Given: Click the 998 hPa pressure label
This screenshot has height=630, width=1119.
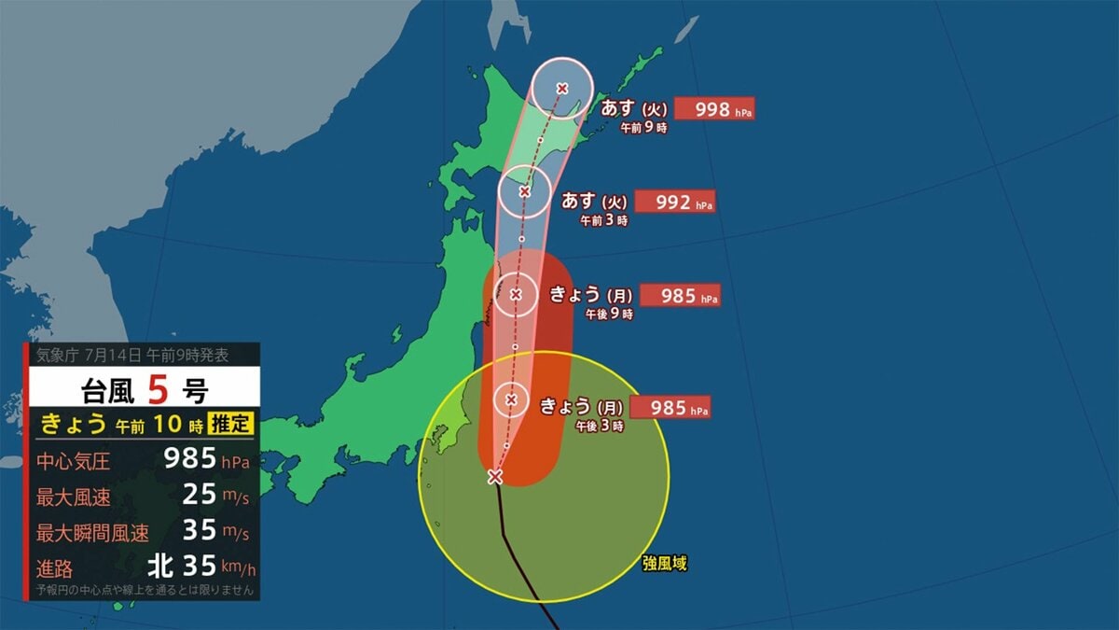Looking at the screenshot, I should point(713,108).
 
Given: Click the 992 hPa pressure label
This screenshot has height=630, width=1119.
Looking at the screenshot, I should point(674,202).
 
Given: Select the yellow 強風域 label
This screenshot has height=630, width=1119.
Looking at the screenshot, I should point(665,564).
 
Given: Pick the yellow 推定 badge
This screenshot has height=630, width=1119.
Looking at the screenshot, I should point(230,423).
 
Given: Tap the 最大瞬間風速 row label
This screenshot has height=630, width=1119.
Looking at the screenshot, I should point(92,534).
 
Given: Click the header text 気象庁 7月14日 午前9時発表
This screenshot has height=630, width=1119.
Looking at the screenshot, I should point(131,355).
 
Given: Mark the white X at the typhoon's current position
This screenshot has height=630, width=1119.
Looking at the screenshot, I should point(495,477).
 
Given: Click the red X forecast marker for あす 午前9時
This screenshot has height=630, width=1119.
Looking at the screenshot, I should point(562,89).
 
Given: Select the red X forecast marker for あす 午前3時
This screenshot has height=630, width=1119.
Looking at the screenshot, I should point(524,192).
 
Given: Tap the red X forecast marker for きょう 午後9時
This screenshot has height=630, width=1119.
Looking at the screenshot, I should point(517,295).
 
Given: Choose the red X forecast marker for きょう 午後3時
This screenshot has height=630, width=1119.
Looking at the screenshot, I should point(511,399).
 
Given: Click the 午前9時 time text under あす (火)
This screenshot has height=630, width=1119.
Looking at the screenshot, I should point(644,129).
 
